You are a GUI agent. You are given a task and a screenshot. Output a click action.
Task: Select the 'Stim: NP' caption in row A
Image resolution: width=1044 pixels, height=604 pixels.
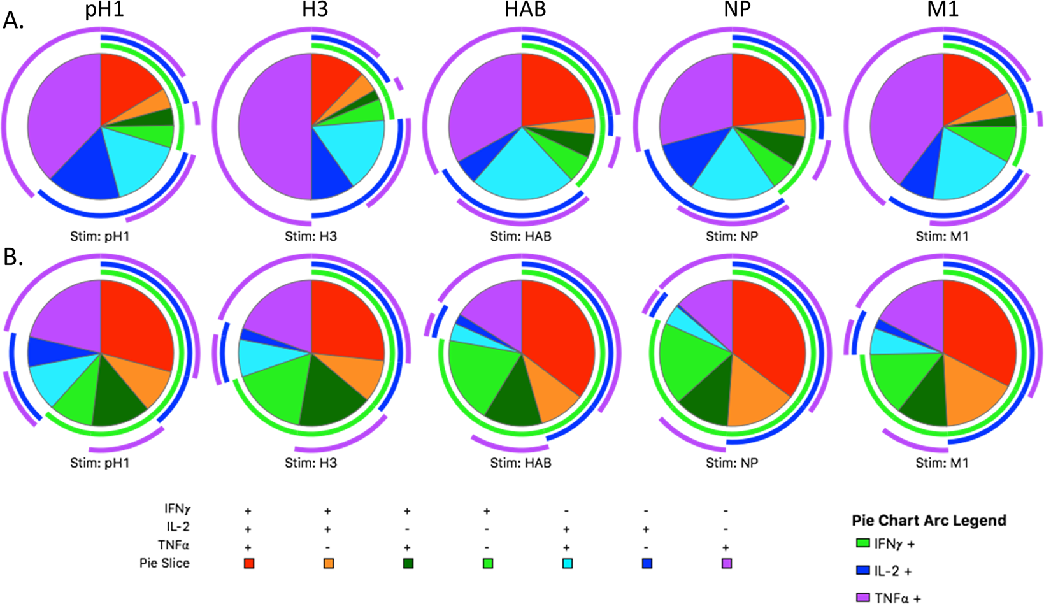pos(731,236)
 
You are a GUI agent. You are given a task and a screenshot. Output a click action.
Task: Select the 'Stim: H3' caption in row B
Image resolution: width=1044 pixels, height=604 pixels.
pos(311,463)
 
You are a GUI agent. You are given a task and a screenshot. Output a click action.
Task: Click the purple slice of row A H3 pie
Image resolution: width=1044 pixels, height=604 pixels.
pos(274,127)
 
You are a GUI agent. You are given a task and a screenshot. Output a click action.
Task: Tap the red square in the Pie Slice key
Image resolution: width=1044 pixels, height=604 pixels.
pos(249,563)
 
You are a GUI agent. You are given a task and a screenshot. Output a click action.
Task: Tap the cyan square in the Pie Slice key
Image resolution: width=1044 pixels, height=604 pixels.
pos(568,563)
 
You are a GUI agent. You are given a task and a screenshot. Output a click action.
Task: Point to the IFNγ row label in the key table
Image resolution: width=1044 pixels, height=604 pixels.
pos(177,510)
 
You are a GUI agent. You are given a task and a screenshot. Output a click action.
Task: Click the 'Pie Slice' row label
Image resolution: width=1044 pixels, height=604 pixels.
pos(164,563)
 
